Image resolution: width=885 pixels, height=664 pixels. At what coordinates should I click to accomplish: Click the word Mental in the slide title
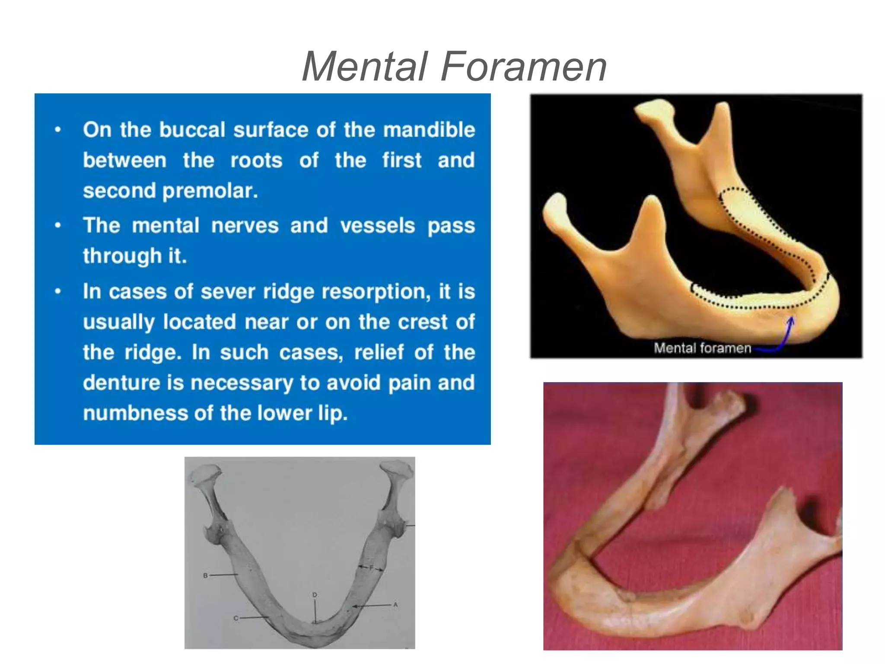pyautogui.click(x=365, y=67)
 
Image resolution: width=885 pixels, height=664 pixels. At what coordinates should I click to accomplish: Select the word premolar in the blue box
pyautogui.click(x=210, y=191)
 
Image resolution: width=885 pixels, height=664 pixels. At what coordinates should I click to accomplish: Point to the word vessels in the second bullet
pyautogui.click(x=377, y=226)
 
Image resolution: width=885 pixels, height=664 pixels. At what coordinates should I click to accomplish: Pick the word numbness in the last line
pyautogui.click(x=134, y=413)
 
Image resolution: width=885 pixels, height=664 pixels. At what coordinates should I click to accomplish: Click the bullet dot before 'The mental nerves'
pyautogui.click(x=58, y=225)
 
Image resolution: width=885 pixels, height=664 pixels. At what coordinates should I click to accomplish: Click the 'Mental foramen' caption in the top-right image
pyautogui.click(x=702, y=348)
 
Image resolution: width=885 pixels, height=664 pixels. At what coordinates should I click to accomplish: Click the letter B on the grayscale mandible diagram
pyautogui.click(x=206, y=575)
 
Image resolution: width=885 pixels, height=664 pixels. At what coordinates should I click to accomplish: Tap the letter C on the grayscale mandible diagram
pyautogui.click(x=236, y=618)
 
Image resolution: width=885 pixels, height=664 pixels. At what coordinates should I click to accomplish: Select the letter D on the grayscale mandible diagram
pyautogui.click(x=315, y=595)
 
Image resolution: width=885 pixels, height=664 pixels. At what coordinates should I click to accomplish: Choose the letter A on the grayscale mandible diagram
pyautogui.click(x=395, y=605)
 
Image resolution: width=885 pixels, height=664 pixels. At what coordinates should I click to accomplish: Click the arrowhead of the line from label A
pyautogui.click(x=354, y=607)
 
